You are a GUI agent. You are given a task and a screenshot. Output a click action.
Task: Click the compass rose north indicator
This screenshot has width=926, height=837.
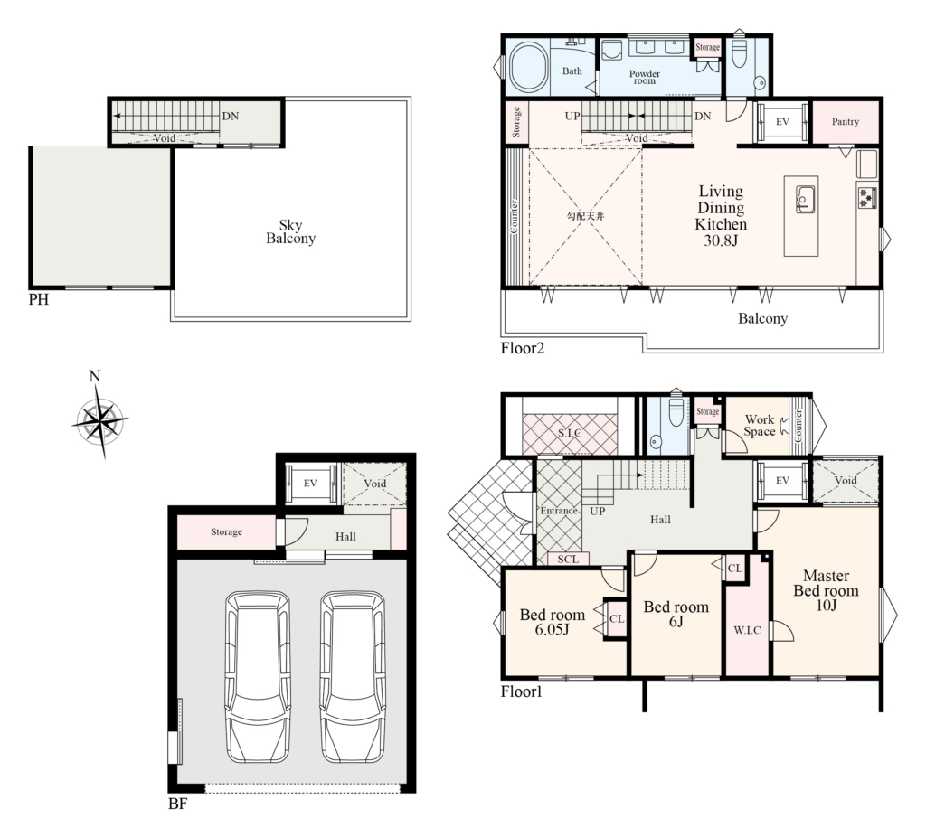pos(94,376)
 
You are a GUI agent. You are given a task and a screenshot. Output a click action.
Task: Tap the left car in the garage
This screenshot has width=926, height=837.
pos(258,677)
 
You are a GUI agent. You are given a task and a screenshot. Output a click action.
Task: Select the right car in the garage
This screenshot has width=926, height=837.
pos(353,677)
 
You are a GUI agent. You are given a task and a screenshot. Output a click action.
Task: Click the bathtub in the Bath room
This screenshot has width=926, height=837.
pos(528,67)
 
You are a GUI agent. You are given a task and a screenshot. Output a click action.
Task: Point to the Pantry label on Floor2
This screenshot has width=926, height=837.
pos(846,122)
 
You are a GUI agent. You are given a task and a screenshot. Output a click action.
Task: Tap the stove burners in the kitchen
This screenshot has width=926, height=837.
pos(867,196)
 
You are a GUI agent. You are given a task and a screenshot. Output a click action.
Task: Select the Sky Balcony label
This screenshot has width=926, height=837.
pos(290,232)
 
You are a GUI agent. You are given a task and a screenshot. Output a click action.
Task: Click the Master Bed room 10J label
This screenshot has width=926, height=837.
pos(827,590)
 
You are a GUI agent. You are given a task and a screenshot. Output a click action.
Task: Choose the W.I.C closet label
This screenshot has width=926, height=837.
pos(747,630)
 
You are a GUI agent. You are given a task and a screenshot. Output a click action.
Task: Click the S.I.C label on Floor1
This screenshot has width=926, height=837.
pos(570,433)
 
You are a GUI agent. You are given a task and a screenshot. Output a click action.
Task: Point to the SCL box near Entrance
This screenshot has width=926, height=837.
pos(568,559)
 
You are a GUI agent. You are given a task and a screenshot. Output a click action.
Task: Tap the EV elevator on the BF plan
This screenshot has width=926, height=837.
pos(311,484)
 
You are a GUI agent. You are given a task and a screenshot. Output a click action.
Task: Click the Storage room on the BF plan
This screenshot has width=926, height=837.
pos(226,532)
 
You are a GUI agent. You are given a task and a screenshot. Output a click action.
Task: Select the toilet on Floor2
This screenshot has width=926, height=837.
pos(740,53)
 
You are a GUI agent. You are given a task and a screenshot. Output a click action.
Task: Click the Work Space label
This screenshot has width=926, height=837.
pos(760,426)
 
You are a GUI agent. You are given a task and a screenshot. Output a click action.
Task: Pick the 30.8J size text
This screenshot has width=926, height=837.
pos(721,240)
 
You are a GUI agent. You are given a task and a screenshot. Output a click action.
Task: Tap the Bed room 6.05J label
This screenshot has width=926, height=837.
pos(553,622)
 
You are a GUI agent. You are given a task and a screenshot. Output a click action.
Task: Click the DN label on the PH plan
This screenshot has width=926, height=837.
pos(231,117)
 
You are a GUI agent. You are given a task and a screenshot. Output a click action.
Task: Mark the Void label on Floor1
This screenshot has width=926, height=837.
pos(846,481)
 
